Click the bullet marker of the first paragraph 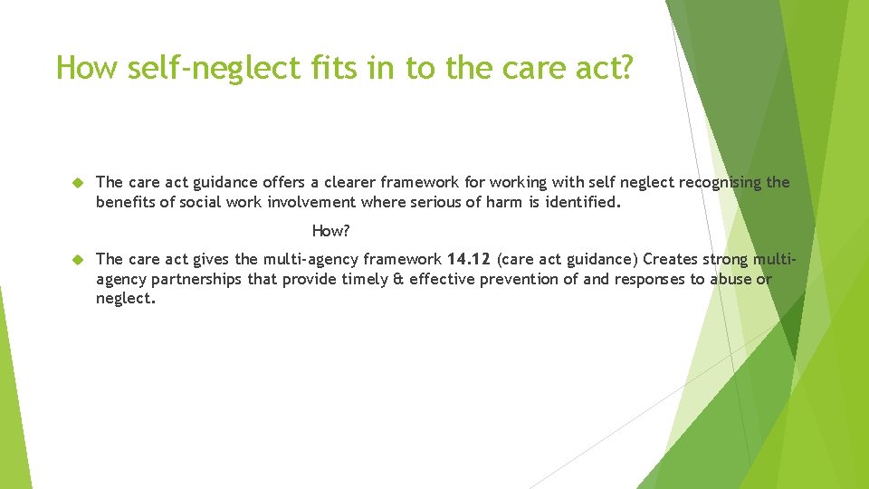click(x=78, y=183)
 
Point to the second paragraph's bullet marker click(x=78, y=260)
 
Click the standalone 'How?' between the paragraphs click(x=330, y=231)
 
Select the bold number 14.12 click(x=468, y=260)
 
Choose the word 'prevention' click(x=520, y=279)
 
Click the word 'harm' click(x=503, y=202)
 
